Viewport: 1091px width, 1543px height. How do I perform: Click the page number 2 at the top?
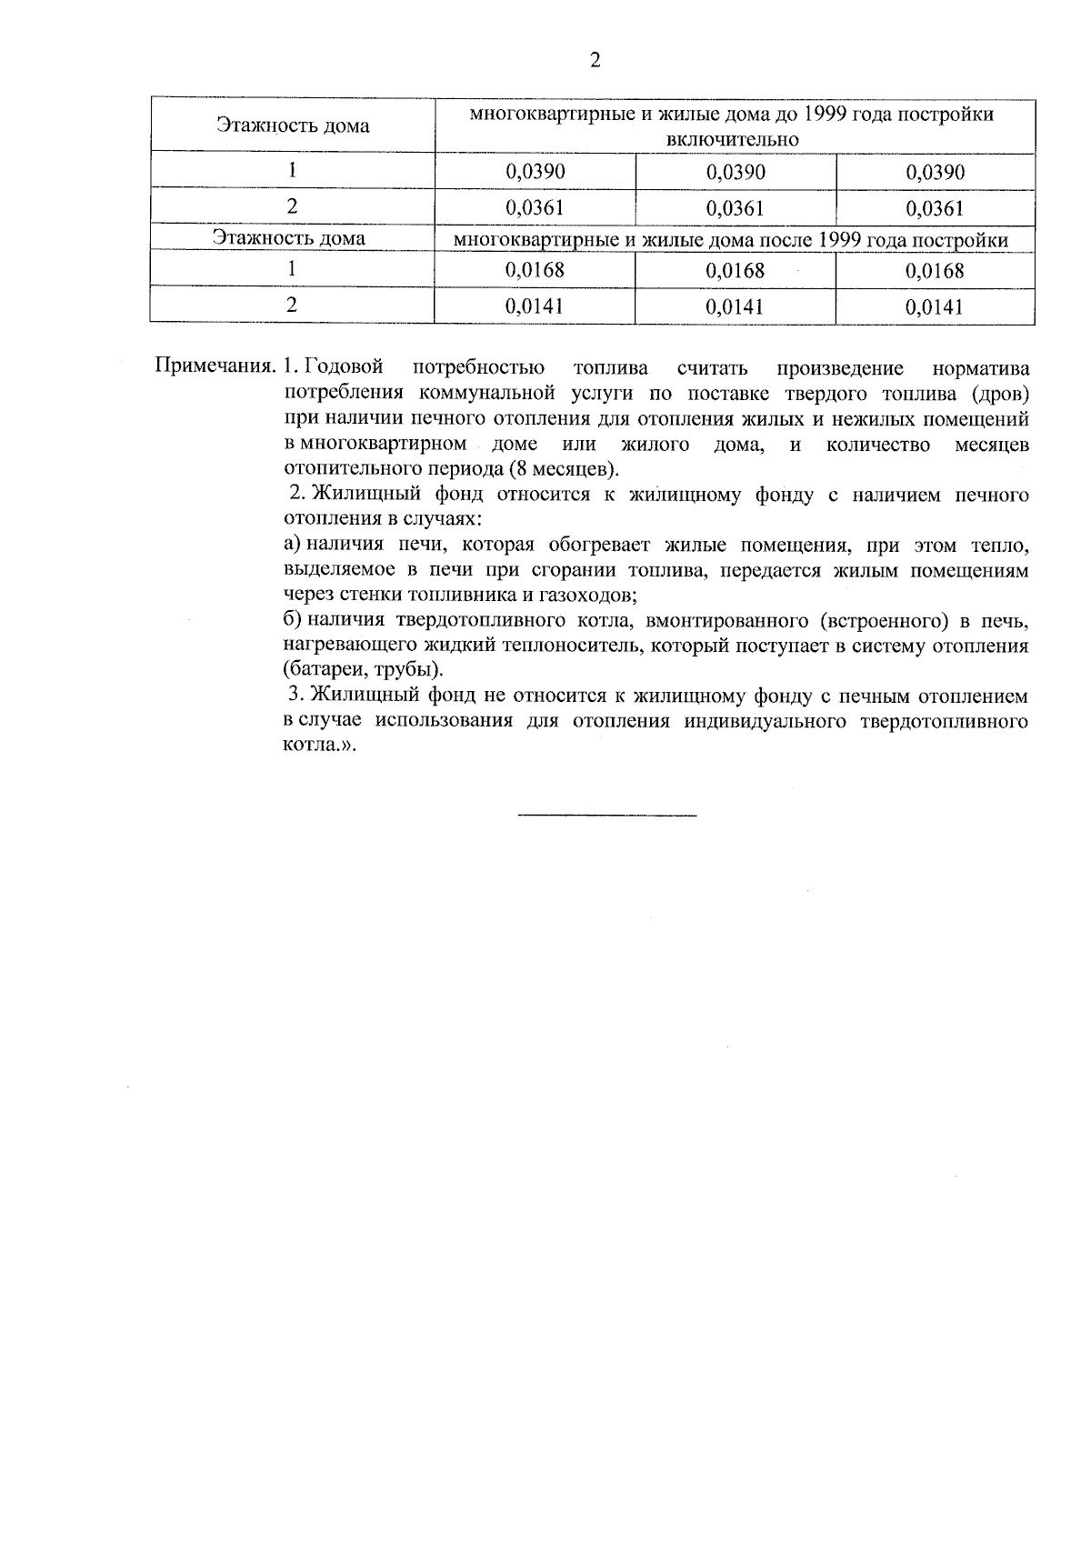[596, 61]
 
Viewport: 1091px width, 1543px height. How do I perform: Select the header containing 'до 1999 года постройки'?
[733, 126]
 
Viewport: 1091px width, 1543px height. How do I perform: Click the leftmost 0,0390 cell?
[535, 172]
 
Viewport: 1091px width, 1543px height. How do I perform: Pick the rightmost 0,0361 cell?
[935, 208]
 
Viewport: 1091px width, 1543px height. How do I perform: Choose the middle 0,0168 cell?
[735, 271]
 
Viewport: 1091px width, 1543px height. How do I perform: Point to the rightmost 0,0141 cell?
[935, 306]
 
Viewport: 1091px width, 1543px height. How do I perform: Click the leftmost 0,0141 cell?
[535, 306]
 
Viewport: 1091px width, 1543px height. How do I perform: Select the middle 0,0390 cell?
[735, 172]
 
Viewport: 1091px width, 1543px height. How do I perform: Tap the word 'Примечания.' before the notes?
[215, 368]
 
